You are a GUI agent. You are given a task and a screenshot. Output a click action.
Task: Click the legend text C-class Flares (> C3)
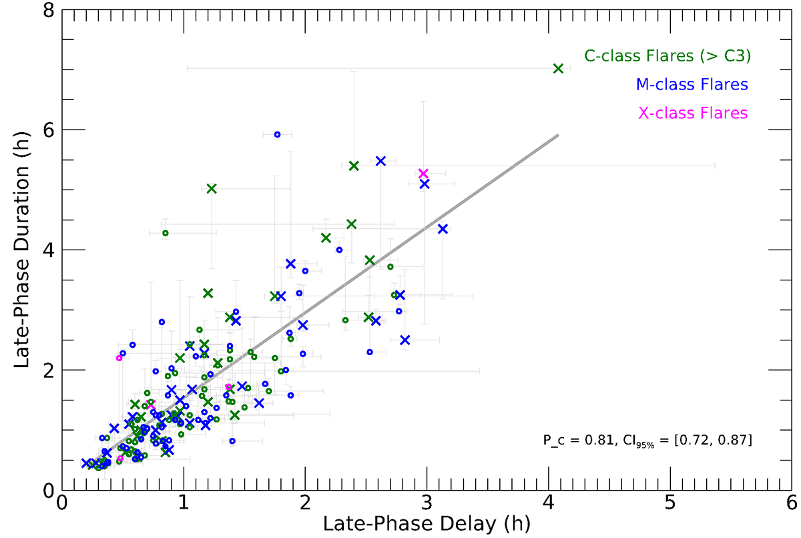click(x=667, y=56)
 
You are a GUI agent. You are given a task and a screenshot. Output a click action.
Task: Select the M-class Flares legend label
click(x=692, y=85)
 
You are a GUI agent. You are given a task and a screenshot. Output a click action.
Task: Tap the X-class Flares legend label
click(x=693, y=113)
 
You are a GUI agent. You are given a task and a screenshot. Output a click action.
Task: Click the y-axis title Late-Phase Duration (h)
click(x=21, y=250)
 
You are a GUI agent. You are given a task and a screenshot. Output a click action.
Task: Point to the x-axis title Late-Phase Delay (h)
click(x=427, y=524)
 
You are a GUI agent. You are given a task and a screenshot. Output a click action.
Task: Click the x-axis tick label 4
click(x=548, y=503)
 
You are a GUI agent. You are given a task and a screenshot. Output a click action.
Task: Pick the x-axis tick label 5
click(x=670, y=503)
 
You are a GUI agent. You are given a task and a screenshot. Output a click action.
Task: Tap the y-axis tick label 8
click(x=49, y=11)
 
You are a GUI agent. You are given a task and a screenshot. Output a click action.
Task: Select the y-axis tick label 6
click(x=49, y=130)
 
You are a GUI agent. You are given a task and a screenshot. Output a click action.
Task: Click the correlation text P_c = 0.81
click(x=579, y=441)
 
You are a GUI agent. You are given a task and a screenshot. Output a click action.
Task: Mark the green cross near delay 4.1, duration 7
click(x=558, y=69)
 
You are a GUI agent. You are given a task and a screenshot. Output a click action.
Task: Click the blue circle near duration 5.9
click(x=277, y=135)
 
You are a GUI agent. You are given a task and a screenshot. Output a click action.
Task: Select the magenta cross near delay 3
click(x=423, y=174)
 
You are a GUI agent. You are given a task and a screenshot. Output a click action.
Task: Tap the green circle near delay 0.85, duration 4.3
click(x=166, y=233)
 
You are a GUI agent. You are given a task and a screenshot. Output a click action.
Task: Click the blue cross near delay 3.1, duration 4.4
click(x=443, y=229)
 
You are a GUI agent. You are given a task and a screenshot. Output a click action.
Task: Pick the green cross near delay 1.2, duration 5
click(x=212, y=188)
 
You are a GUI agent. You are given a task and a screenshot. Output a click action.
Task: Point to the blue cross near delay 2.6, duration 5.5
click(x=380, y=161)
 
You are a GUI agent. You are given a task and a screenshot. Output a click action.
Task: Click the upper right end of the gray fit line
click(x=558, y=135)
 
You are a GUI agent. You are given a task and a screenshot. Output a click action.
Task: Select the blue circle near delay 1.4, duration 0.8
click(x=232, y=441)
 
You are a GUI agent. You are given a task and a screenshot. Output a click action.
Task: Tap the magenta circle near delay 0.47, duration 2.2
click(x=119, y=358)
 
